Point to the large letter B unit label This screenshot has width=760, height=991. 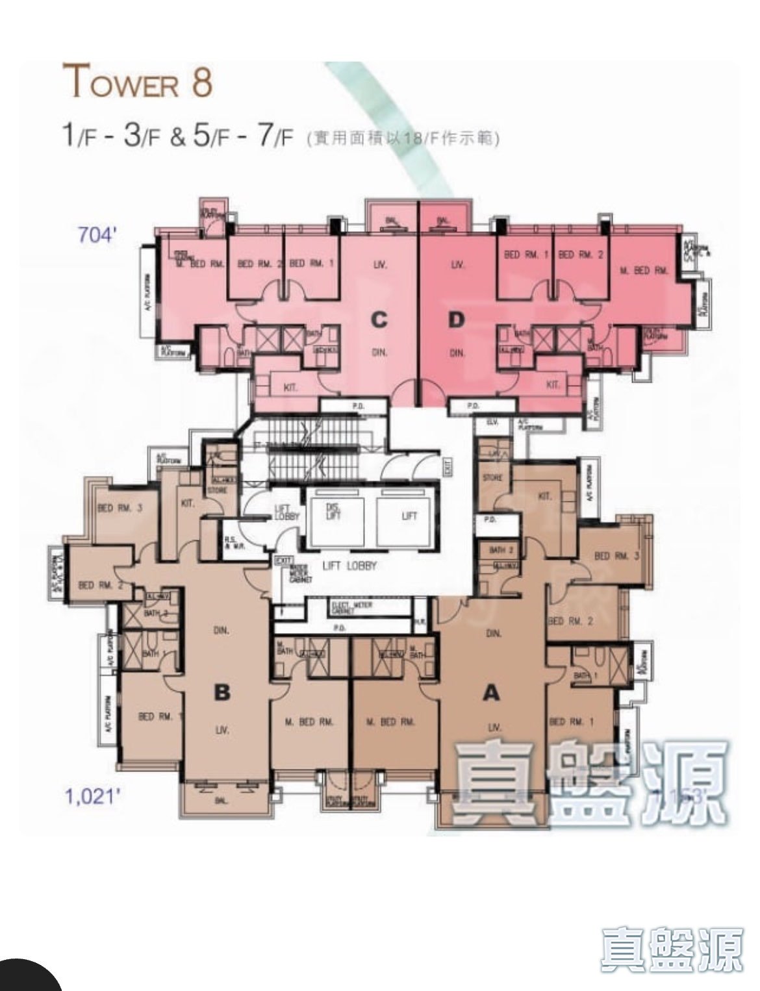[222, 693]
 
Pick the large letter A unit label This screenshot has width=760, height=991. [492, 693]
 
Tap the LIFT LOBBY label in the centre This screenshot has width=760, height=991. [348, 566]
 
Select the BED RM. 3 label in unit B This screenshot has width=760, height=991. [119, 509]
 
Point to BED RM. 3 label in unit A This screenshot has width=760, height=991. [616, 556]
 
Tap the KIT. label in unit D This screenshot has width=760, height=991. [553, 385]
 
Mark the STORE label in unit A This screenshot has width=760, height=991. [492, 478]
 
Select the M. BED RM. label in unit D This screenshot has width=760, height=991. [644, 270]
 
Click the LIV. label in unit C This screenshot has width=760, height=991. [380, 265]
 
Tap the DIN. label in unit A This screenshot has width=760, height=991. [492, 633]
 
